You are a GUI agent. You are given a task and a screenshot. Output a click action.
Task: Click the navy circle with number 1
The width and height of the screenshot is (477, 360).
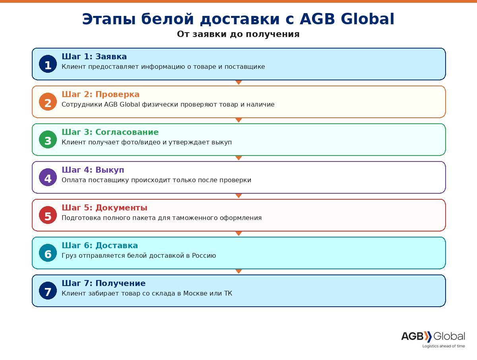pyautogui.click(x=48, y=64)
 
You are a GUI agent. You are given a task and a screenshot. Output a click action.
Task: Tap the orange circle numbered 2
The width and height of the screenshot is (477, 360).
pyautogui.click(x=48, y=102)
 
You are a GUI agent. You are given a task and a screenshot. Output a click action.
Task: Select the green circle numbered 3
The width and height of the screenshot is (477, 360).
pyautogui.click(x=48, y=140)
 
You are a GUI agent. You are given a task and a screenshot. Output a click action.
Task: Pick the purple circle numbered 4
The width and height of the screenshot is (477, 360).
pyautogui.click(x=48, y=177)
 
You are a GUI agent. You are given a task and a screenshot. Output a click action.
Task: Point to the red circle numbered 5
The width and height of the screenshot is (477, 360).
pyautogui.click(x=48, y=215)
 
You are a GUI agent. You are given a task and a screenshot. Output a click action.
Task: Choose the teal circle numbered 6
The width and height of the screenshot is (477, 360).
pyautogui.click(x=48, y=253)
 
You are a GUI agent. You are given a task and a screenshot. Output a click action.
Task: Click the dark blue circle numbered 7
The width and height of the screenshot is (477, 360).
pyautogui.click(x=48, y=291)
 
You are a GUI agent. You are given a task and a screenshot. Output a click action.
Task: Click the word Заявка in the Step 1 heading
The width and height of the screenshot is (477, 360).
pyautogui.click(x=111, y=56)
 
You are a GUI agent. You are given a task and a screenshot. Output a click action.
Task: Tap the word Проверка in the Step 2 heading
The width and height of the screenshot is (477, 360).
pyautogui.click(x=117, y=95)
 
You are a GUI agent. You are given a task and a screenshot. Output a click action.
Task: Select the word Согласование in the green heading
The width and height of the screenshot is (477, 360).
pyautogui.click(x=127, y=132)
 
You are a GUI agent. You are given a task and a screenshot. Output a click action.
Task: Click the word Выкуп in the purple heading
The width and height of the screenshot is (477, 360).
pyautogui.click(x=110, y=170)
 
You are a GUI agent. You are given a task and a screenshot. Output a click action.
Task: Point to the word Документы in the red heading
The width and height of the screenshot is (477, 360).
pyautogui.click(x=122, y=208)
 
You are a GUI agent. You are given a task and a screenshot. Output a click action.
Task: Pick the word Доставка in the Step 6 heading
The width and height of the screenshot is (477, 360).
pyautogui.click(x=117, y=246)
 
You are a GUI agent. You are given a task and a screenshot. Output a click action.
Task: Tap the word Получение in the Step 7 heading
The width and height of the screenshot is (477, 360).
pyautogui.click(x=120, y=283)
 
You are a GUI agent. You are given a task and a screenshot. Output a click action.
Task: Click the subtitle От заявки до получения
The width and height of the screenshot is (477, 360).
pyautogui.click(x=238, y=34)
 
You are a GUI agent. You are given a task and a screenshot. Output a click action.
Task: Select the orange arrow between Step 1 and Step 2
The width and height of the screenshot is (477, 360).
pyautogui.click(x=238, y=82)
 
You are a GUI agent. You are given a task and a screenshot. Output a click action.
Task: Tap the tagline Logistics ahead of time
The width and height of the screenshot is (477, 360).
pyautogui.click(x=444, y=346)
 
